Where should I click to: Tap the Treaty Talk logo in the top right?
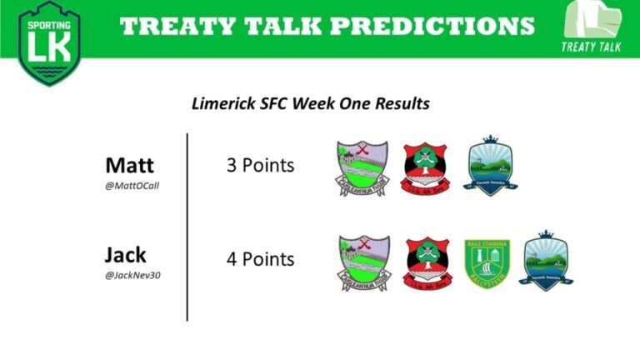point(592,27)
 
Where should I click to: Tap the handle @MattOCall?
point(132,185)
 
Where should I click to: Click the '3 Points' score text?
point(260,166)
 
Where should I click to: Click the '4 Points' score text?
point(260,259)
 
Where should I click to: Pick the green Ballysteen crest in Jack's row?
point(486,262)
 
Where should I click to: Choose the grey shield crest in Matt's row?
point(362,169)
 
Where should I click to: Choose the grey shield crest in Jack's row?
point(363,263)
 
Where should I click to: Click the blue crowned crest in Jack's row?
point(547,260)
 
